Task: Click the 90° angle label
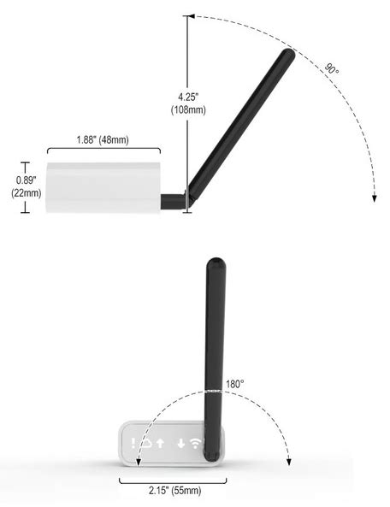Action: (332, 68)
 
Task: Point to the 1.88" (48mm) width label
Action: (102, 140)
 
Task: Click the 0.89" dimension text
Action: (26, 180)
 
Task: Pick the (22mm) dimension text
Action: (26, 193)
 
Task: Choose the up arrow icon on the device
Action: (160, 443)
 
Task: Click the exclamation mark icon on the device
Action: (133, 443)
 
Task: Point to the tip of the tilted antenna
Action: (288, 55)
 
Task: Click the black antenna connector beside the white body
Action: (173, 201)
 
